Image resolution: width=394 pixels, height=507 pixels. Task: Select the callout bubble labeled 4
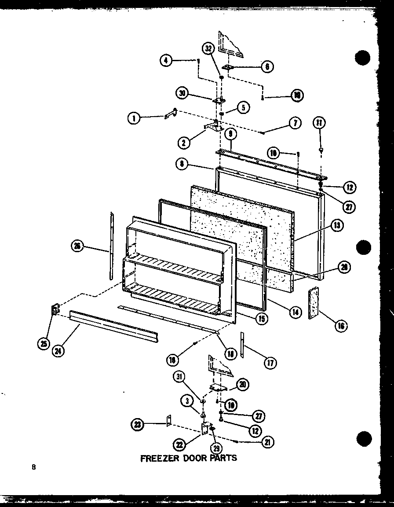point(166,61)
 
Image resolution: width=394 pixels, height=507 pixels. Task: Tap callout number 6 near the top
point(267,67)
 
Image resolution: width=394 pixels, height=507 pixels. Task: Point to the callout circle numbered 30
point(182,93)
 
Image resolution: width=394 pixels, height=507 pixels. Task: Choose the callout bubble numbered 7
point(295,123)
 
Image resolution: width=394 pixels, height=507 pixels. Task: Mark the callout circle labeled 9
point(230,133)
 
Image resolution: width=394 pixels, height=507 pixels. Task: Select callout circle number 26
point(77,246)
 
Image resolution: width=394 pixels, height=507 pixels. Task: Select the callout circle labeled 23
point(138,425)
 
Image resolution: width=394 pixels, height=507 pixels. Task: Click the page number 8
point(33,467)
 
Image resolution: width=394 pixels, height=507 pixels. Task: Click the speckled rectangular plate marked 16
point(314,303)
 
